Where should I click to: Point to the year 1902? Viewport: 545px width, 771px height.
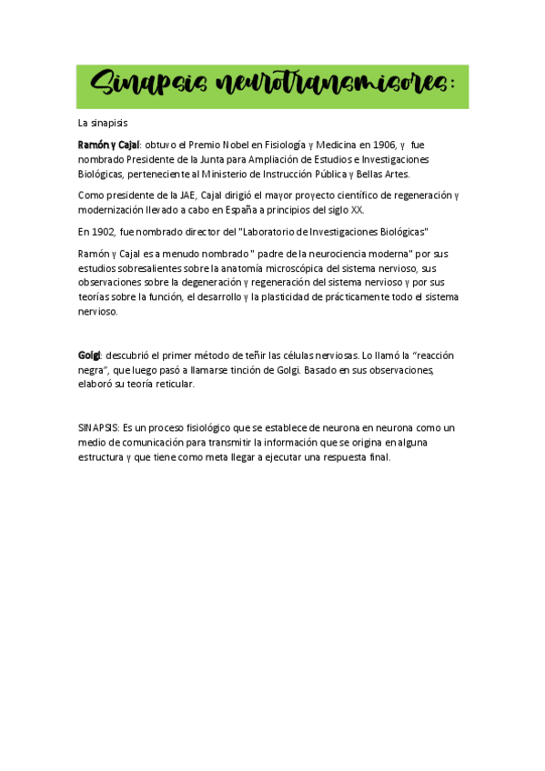coord(102,231)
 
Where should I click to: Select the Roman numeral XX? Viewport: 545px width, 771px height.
coord(357,209)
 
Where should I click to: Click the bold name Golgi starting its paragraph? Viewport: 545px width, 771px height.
coord(89,355)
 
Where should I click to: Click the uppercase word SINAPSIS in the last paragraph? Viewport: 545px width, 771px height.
coord(98,427)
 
